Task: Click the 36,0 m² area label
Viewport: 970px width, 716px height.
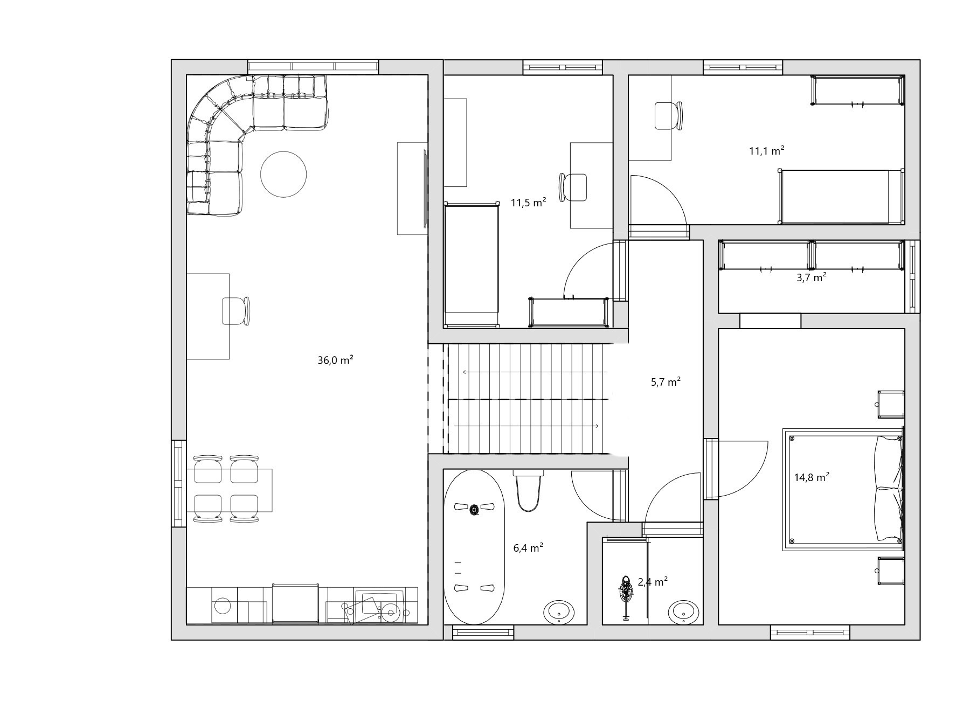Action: coord(335,360)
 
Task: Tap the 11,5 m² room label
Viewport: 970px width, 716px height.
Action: coord(528,203)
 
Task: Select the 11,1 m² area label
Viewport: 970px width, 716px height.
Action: coord(766,151)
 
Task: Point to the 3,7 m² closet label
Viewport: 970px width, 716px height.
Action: coord(812,277)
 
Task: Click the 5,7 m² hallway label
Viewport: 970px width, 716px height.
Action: coord(666,382)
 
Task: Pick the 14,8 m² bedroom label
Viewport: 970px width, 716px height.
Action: coord(812,477)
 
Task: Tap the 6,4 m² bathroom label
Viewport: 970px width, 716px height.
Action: coord(528,548)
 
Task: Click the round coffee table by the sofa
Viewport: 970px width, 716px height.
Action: coord(283,175)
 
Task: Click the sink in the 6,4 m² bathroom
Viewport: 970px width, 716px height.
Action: coord(559,612)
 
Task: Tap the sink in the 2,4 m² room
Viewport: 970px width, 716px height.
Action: coord(684,612)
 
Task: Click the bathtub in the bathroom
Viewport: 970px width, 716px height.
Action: coord(474,547)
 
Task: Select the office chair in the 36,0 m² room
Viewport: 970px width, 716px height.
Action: coord(236,311)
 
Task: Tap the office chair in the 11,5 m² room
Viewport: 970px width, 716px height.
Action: coord(573,187)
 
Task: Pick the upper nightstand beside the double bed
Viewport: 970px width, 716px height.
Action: coord(890,405)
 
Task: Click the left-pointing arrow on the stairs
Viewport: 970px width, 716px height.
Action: coord(535,372)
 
